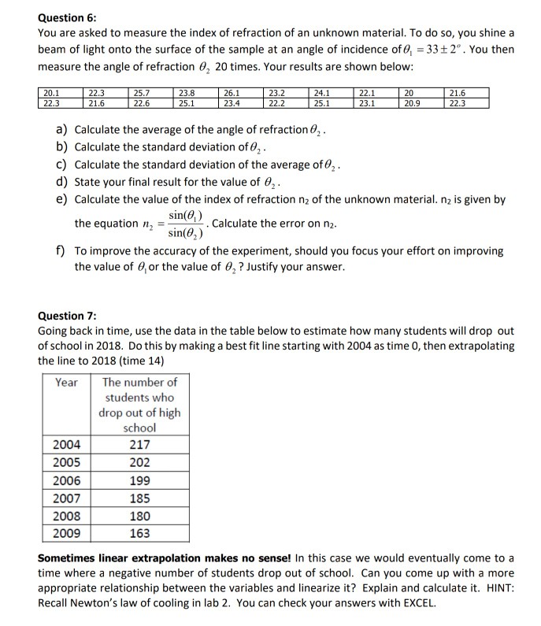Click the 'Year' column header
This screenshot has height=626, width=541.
pos(67,382)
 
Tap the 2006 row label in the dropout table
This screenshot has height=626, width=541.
pos(67,480)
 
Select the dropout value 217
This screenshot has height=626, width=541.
pos(139,443)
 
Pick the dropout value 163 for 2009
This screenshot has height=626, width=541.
pos(139,534)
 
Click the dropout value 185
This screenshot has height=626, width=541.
pos(139,498)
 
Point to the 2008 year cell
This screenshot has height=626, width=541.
pos(67,516)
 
